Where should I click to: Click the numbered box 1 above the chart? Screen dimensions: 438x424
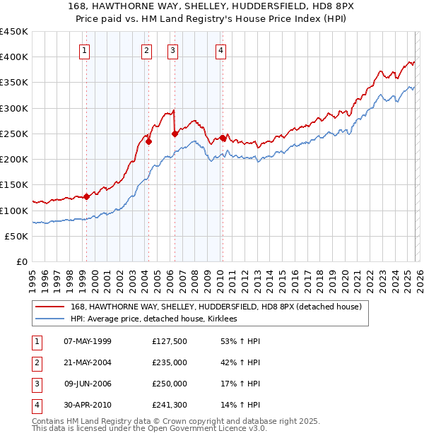coord(85,50)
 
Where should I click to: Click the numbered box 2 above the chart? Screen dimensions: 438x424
coord(146,50)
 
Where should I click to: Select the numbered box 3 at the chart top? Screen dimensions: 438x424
coord(172,50)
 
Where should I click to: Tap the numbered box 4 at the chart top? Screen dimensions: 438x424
coord(221,50)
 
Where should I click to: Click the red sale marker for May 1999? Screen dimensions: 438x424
coord(86,196)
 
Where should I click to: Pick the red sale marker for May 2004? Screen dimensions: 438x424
coord(149,141)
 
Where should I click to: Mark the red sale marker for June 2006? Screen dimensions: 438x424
coord(175,134)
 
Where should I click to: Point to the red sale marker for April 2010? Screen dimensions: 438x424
coord(223,138)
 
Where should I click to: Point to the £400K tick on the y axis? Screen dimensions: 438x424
coord(14,57)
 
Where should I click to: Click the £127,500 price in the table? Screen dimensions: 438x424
coord(169,341)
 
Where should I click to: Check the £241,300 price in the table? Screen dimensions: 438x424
coord(169,405)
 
